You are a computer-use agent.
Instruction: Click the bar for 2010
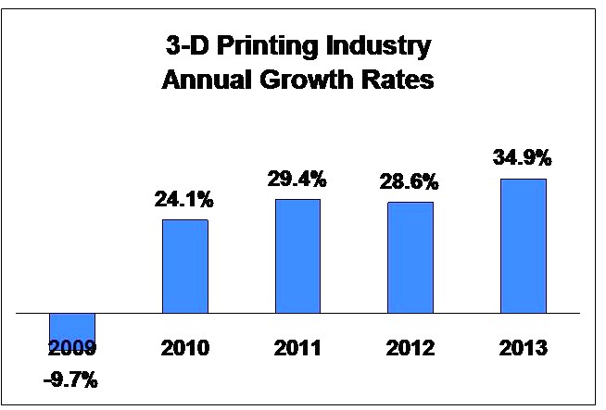(x=185, y=266)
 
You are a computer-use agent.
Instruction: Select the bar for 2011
(x=297, y=255)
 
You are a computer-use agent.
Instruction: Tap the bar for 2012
(x=410, y=257)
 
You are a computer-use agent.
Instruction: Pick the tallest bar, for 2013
(x=524, y=245)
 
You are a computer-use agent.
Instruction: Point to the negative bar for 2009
(x=72, y=328)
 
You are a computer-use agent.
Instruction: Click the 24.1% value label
(x=185, y=200)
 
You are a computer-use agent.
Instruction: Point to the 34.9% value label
(x=524, y=158)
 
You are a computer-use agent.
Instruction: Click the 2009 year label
(x=72, y=350)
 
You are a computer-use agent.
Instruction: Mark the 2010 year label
(x=185, y=350)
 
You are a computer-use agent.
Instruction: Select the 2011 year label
(x=297, y=350)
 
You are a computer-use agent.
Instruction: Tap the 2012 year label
(x=410, y=350)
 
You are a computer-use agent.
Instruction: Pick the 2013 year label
(x=524, y=350)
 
